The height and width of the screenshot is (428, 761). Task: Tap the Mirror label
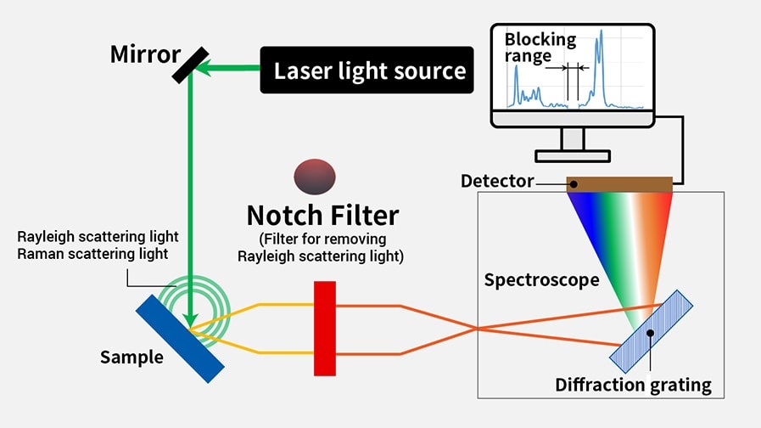pos(145,54)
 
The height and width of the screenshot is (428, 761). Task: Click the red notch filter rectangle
pos(325,328)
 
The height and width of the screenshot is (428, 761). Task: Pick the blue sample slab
pos(180,338)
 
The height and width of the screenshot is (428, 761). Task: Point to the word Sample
pos(131,357)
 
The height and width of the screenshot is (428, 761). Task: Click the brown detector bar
pos(619,183)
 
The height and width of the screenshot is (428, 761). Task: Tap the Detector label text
pos(497,181)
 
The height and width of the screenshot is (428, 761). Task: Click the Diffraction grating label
pos(633,385)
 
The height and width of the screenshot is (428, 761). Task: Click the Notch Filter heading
pos(322,214)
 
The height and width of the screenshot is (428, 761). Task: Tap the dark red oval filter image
pos(314,177)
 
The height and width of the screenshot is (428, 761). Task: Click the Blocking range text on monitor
pos(540,48)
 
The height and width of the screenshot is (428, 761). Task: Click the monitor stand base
pos(573,155)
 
